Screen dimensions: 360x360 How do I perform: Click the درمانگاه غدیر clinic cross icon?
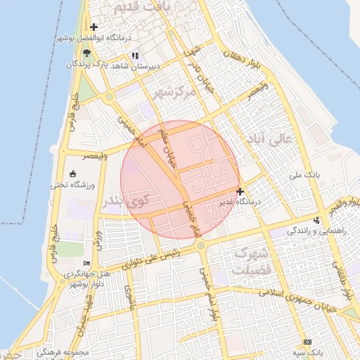(x=240, y=191)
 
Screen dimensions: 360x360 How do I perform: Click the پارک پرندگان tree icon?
(x=86, y=53)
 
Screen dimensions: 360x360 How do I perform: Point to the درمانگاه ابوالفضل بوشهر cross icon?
(x=94, y=27)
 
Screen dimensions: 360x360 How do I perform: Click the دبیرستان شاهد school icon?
(x=134, y=55)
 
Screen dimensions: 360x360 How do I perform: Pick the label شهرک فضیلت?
(x=250, y=260)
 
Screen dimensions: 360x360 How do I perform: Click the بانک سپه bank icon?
(x=307, y=341)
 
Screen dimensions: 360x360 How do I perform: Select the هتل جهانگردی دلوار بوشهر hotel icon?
(x=86, y=262)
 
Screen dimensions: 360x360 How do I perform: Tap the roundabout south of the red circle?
(x=201, y=245)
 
